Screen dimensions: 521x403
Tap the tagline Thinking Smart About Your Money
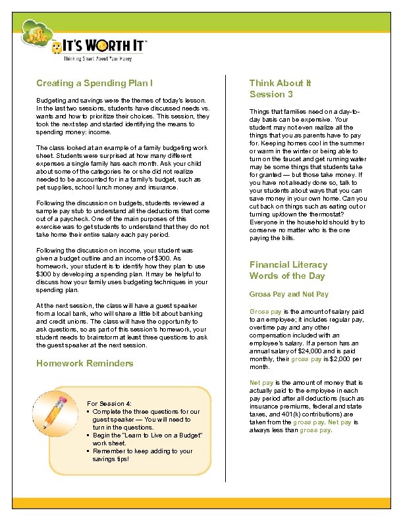[x=97, y=59]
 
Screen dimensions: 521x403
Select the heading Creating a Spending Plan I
[x=95, y=84]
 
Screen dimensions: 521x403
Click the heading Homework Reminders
[x=85, y=363]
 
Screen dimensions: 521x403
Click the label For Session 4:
[x=109, y=403]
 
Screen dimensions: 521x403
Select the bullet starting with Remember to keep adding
[x=142, y=451]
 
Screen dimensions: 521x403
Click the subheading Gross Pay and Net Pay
[x=288, y=294]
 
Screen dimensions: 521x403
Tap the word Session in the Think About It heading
[x=263, y=94]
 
